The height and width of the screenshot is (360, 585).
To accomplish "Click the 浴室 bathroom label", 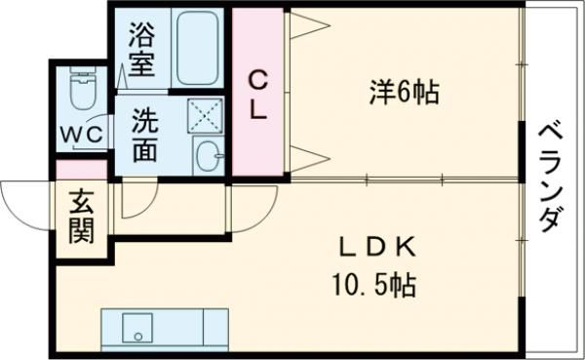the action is pyautogui.click(x=141, y=50).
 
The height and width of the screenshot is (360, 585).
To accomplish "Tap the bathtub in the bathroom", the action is pyautogui.click(x=197, y=48).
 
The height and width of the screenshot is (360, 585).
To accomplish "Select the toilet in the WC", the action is pyautogui.click(x=83, y=88).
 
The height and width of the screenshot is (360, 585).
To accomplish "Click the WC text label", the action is pyautogui.click(x=82, y=135).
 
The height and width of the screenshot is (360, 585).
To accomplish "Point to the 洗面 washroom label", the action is pyautogui.click(x=145, y=136).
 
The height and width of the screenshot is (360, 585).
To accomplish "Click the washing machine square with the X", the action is pyautogui.click(x=205, y=116).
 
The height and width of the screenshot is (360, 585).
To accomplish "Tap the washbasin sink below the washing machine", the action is pyautogui.click(x=209, y=156).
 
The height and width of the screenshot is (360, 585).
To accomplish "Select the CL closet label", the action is pyautogui.click(x=257, y=96).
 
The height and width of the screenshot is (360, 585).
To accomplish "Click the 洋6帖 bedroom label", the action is pyautogui.click(x=404, y=93).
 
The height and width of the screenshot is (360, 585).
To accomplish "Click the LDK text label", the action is pyautogui.click(x=376, y=248).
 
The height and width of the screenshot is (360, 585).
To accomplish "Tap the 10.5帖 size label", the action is pyautogui.click(x=373, y=285).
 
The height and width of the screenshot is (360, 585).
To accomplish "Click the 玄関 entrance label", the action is pyautogui.click(x=82, y=217).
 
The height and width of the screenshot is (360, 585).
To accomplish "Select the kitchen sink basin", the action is pyautogui.click(x=137, y=328).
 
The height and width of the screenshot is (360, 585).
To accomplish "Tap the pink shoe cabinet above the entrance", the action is pyautogui.click(x=82, y=170).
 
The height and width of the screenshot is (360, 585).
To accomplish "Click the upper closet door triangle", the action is pyautogui.click(x=310, y=25).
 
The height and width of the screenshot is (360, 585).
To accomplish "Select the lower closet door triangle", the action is pyautogui.click(x=310, y=159).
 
